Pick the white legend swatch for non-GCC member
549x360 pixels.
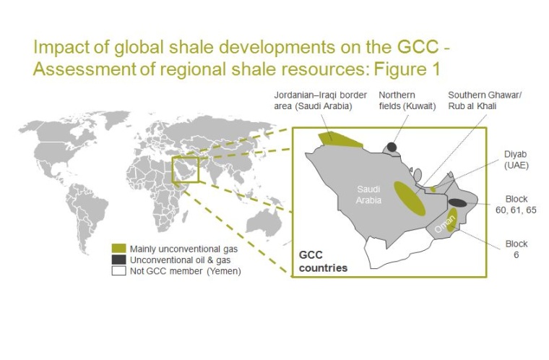click(x=118, y=271)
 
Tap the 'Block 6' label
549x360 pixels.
click(x=516, y=249)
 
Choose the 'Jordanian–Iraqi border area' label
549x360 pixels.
click(x=313, y=100)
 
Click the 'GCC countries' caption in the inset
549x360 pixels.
click(x=323, y=262)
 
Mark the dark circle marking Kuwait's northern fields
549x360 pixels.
click(x=392, y=147)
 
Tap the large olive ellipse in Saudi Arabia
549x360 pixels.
click(x=409, y=199)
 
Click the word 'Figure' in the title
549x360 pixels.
click(x=403, y=70)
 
